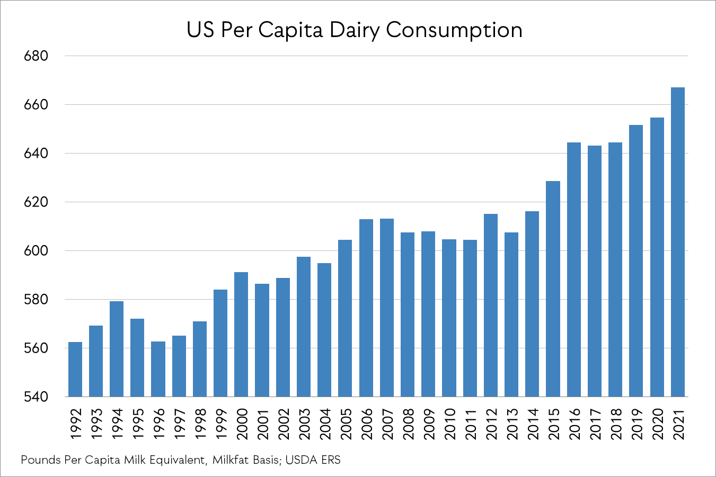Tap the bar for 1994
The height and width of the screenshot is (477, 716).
[x=117, y=349]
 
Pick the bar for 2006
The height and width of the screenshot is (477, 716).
[x=366, y=308]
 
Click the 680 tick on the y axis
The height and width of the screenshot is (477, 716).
[x=36, y=56]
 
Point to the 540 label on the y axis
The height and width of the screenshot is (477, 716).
[x=36, y=397]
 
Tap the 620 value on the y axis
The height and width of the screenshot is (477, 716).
[x=36, y=202]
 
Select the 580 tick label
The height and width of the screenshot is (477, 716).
[x=36, y=300]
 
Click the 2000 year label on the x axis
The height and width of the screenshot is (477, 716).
[x=242, y=424]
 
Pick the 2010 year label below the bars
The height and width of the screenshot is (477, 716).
[x=449, y=424]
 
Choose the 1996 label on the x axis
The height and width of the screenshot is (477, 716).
[x=158, y=424]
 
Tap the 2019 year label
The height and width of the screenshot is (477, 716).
[x=637, y=424]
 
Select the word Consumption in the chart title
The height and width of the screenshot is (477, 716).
[x=454, y=31]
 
